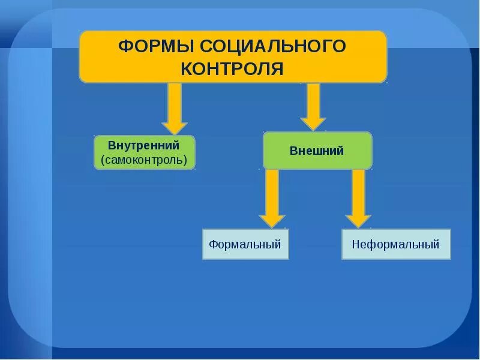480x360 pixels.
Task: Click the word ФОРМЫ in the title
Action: click(x=155, y=46)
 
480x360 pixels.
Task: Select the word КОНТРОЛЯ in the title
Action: click(x=232, y=68)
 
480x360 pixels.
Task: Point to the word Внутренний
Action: click(x=144, y=146)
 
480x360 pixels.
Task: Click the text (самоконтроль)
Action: click(x=144, y=160)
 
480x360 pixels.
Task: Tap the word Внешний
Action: click(x=317, y=151)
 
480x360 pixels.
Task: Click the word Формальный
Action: click(x=245, y=244)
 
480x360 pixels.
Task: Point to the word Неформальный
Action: click(x=396, y=244)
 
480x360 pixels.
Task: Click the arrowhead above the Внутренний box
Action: click(x=175, y=128)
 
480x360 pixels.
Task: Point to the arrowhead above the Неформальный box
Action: click(x=359, y=220)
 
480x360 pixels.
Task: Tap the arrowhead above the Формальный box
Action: click(x=272, y=220)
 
